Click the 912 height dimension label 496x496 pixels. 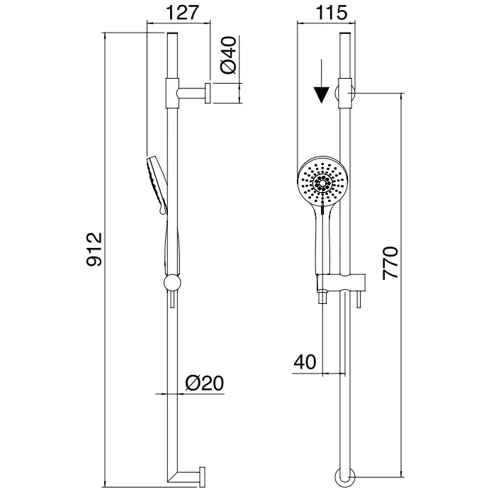[94, 249]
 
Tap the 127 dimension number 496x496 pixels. [183, 13]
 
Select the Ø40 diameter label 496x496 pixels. [228, 55]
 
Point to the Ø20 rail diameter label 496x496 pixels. [204, 383]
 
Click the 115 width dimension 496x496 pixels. [331, 13]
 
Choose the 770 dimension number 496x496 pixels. [390, 263]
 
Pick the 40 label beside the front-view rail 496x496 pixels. [305, 362]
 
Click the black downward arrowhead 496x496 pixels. [321, 95]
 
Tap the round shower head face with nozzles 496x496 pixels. [322, 183]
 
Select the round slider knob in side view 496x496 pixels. [172, 282]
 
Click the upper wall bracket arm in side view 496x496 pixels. [192, 94]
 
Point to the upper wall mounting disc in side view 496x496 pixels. [208, 93]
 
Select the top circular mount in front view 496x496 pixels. [345, 94]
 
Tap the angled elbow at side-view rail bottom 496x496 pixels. [184, 477]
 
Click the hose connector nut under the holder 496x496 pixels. [322, 298]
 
